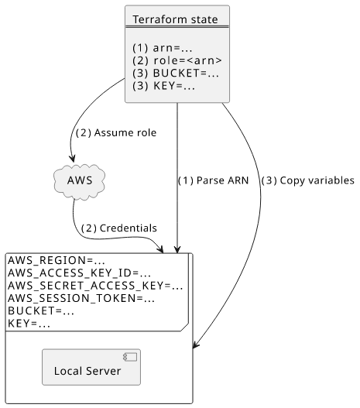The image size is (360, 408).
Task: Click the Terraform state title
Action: (x=175, y=19)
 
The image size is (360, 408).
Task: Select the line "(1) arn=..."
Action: (x=163, y=48)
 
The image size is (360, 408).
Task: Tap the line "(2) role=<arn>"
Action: (x=177, y=60)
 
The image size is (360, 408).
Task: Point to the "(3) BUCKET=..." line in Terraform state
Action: (x=176, y=73)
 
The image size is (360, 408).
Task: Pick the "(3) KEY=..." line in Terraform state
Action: (x=163, y=86)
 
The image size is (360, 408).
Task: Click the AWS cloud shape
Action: (x=79, y=181)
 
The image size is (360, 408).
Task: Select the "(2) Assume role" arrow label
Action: (x=116, y=132)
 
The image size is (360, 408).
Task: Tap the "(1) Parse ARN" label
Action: (x=214, y=180)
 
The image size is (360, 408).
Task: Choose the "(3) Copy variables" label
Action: (x=307, y=180)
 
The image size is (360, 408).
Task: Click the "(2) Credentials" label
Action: (x=119, y=228)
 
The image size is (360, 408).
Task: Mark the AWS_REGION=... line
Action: (x=57, y=260)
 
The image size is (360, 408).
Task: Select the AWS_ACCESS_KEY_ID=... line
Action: (x=79, y=273)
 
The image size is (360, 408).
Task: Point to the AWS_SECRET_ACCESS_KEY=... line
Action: (x=95, y=286)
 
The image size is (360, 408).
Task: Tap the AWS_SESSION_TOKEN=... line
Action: (x=81, y=298)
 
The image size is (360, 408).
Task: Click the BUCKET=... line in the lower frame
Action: (x=41, y=310)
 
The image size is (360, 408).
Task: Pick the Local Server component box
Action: (x=91, y=367)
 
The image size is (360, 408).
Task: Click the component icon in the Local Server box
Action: (x=130, y=357)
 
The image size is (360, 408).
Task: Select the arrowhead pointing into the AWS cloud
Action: (x=72, y=159)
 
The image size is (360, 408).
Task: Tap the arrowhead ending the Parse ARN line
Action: (x=177, y=249)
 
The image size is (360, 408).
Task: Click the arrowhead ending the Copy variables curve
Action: (x=196, y=344)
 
